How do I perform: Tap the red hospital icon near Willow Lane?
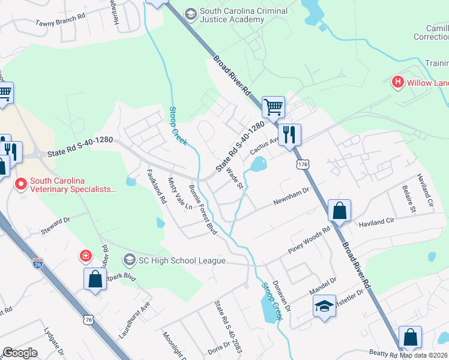[397, 82]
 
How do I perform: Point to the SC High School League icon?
[129, 260]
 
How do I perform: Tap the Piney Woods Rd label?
[309, 239]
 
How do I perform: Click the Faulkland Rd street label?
[156, 187]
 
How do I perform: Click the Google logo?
[20, 353]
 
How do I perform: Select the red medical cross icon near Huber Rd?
[86, 256]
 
